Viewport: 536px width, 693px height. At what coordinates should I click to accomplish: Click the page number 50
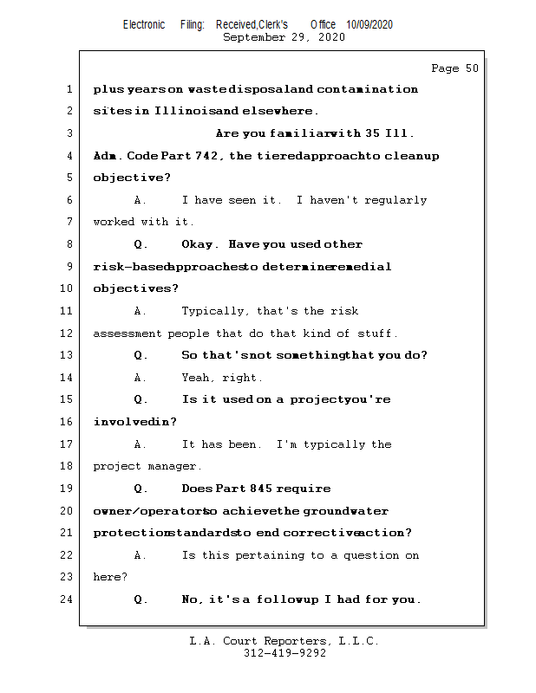(x=471, y=68)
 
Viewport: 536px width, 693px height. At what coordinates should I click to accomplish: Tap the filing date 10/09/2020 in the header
(x=369, y=25)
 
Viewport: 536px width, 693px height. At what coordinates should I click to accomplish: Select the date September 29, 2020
(x=284, y=37)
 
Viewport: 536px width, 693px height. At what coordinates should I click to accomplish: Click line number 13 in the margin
(x=69, y=355)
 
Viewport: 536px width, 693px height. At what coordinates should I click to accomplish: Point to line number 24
(x=69, y=599)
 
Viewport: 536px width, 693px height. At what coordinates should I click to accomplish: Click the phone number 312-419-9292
(x=284, y=653)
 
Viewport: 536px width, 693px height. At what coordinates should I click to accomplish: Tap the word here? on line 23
(x=110, y=577)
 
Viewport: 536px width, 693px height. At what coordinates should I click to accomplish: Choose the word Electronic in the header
(x=144, y=25)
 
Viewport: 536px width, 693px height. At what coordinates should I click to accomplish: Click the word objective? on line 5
(x=132, y=178)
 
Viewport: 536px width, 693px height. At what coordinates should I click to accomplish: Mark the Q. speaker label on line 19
(x=141, y=489)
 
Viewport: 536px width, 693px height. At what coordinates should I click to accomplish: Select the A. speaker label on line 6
(x=141, y=200)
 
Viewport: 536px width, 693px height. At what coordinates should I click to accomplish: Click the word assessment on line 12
(x=127, y=334)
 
